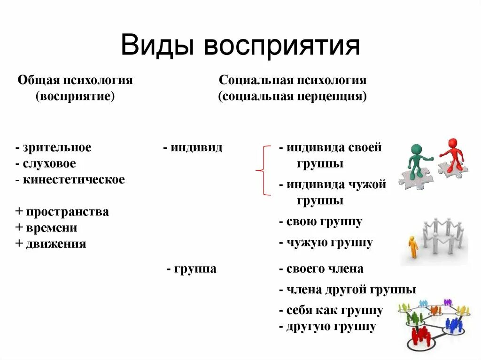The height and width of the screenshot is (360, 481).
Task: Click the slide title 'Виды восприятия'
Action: (240, 46)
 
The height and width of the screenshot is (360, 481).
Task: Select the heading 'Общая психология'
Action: (75, 80)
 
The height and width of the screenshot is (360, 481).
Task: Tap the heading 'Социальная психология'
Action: (292, 80)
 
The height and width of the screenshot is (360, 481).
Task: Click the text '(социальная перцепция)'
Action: (292, 97)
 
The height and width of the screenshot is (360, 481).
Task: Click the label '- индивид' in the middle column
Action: (193, 147)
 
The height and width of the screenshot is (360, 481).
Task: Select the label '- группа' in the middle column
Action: (192, 269)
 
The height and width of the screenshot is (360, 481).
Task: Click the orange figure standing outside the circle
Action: (413, 246)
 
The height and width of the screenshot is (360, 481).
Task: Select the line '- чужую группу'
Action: (326, 243)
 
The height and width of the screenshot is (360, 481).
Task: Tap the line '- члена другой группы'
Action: (347, 290)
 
